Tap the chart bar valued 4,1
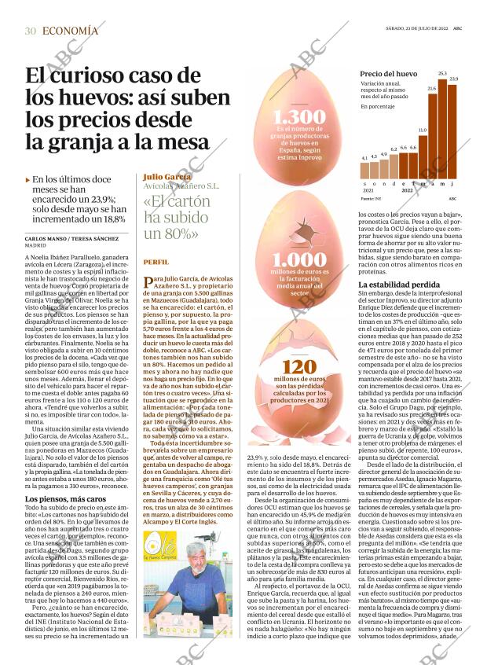coord(364,171)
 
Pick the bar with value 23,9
coord(453,130)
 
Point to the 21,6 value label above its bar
coord(432,89)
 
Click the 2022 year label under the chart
coord(407,190)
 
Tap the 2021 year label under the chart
coord(368,190)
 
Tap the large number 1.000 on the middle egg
coord(298,259)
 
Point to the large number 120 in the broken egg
coord(298,368)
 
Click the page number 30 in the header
coord(31,31)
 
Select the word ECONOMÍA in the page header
coord(71,31)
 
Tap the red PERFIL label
coord(156,262)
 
